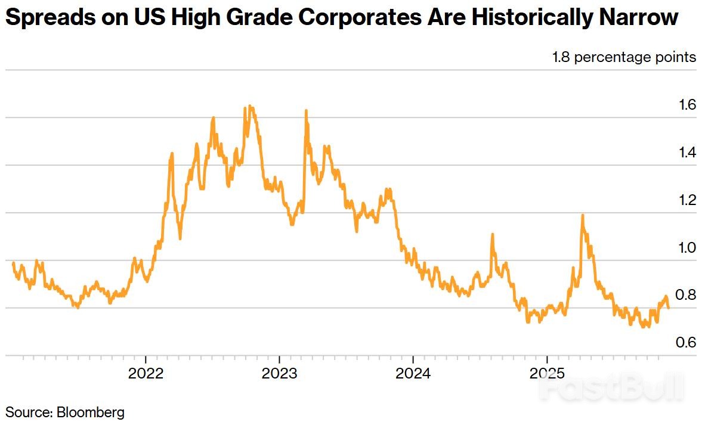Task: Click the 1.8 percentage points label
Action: [624, 57]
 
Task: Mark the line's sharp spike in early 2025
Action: [582, 215]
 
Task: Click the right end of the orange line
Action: [668, 308]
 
